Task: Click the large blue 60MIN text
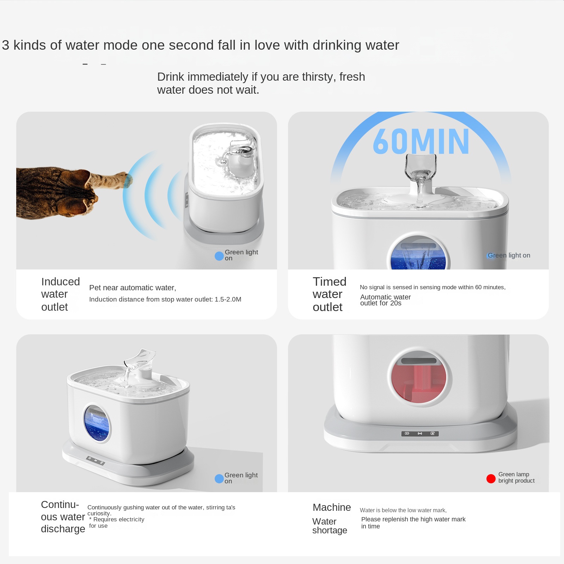421,141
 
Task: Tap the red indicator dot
491,479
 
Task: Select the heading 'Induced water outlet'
61,294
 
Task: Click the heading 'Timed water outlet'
330,294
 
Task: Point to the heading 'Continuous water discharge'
63,517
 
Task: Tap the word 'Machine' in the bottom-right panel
332,507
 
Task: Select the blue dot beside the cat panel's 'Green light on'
219,256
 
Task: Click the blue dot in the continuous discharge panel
219,479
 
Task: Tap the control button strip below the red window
420,433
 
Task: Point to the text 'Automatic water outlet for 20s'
385,300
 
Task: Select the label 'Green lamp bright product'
516,477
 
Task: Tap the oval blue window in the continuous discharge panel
97,423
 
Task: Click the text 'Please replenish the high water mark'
413,519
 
